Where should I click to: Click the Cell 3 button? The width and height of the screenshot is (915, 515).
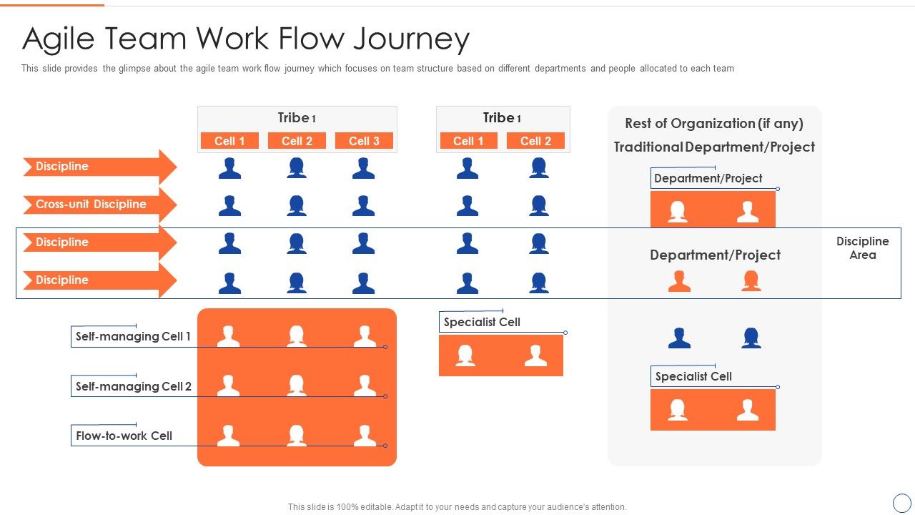pos(364,141)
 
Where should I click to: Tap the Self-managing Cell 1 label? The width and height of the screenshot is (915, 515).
pos(133,336)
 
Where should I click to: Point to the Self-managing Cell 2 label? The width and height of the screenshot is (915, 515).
pos(134,386)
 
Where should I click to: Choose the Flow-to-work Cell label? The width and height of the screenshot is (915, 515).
pos(124,436)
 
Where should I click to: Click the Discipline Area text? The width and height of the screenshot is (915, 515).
pos(862,248)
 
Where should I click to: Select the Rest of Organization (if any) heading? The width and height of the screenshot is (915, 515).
pos(714,123)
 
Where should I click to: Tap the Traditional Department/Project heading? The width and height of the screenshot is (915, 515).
pos(714,147)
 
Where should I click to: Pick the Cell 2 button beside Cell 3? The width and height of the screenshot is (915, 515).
pos(297,141)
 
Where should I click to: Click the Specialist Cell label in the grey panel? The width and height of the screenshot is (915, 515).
pos(693,376)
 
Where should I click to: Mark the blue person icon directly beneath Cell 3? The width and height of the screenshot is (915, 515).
pos(364,168)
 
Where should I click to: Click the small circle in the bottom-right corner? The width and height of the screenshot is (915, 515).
pos(902,502)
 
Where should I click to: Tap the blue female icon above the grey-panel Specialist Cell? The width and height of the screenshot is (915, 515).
pos(751,338)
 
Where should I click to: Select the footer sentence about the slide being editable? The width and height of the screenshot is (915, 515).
pos(457,507)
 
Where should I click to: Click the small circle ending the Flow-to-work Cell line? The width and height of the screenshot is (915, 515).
pos(385,446)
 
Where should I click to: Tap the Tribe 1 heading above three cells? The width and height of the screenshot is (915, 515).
pos(297,118)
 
